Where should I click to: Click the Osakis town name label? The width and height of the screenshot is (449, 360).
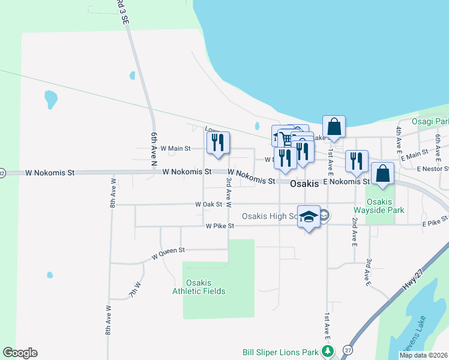point(304,184)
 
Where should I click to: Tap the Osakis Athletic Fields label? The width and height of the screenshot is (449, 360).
point(199,287)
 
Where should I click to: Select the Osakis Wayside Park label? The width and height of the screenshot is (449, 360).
point(385,205)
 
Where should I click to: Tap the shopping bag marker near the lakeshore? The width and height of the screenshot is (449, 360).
point(334,127)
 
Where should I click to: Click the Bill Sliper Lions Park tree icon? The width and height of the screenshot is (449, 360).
point(327,351)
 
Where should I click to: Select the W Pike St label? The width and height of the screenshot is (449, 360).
point(219,226)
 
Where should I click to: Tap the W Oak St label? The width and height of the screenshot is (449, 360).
point(208,204)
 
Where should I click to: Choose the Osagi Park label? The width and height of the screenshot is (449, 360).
point(430,121)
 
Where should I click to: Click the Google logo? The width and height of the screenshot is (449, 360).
point(20,353)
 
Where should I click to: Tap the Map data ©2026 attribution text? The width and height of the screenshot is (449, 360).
point(423,355)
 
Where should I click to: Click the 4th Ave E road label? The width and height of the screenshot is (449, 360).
point(398,138)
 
